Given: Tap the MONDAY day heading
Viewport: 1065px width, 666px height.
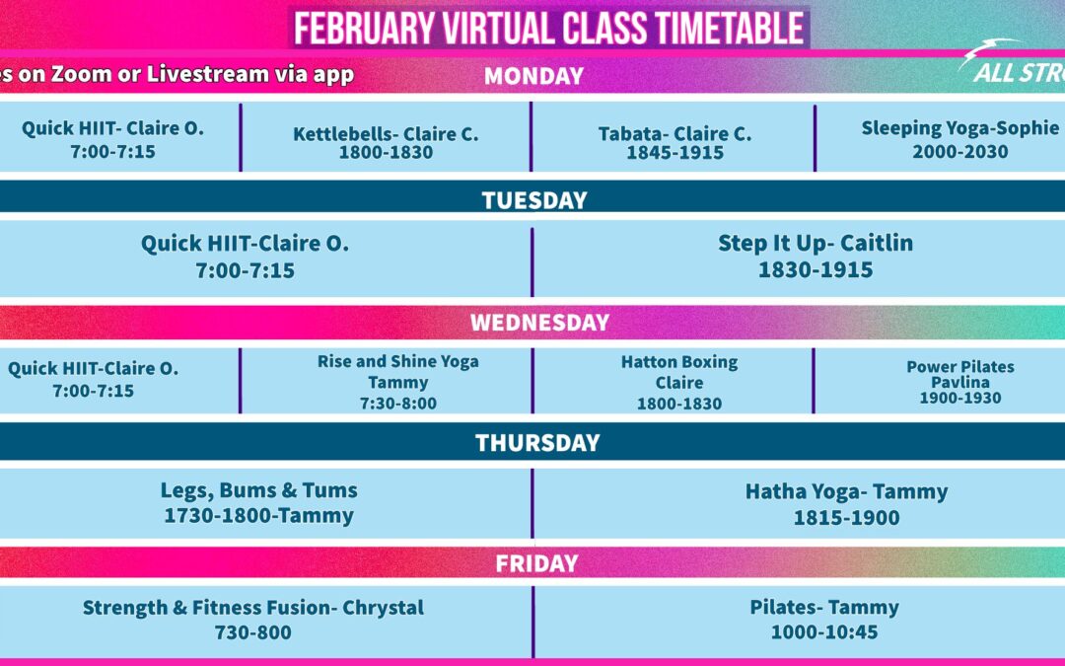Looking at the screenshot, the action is [533, 75].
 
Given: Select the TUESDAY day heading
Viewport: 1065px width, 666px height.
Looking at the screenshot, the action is [534, 199].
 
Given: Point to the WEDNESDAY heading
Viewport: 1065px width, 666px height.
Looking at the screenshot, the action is [540, 322].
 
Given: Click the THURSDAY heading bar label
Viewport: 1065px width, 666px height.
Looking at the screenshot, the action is [537, 442].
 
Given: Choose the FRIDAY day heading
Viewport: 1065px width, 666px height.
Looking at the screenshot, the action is [536, 563].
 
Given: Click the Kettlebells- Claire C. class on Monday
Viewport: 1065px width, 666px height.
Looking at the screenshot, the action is [386, 134].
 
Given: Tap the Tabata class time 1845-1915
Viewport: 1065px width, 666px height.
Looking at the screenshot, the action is [675, 152].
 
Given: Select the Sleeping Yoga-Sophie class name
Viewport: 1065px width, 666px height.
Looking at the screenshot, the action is [960, 127].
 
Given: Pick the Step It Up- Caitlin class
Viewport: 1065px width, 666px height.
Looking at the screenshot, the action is [816, 243].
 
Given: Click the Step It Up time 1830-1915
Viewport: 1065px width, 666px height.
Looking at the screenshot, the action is [816, 269].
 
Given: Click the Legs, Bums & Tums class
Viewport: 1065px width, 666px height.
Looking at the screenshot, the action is [258, 490].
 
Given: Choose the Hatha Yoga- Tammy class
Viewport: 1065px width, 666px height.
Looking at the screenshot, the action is [846, 491].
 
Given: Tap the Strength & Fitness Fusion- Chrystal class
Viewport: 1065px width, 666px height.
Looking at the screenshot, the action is [253, 607].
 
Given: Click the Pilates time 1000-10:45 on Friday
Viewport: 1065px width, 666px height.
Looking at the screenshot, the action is [824, 632].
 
